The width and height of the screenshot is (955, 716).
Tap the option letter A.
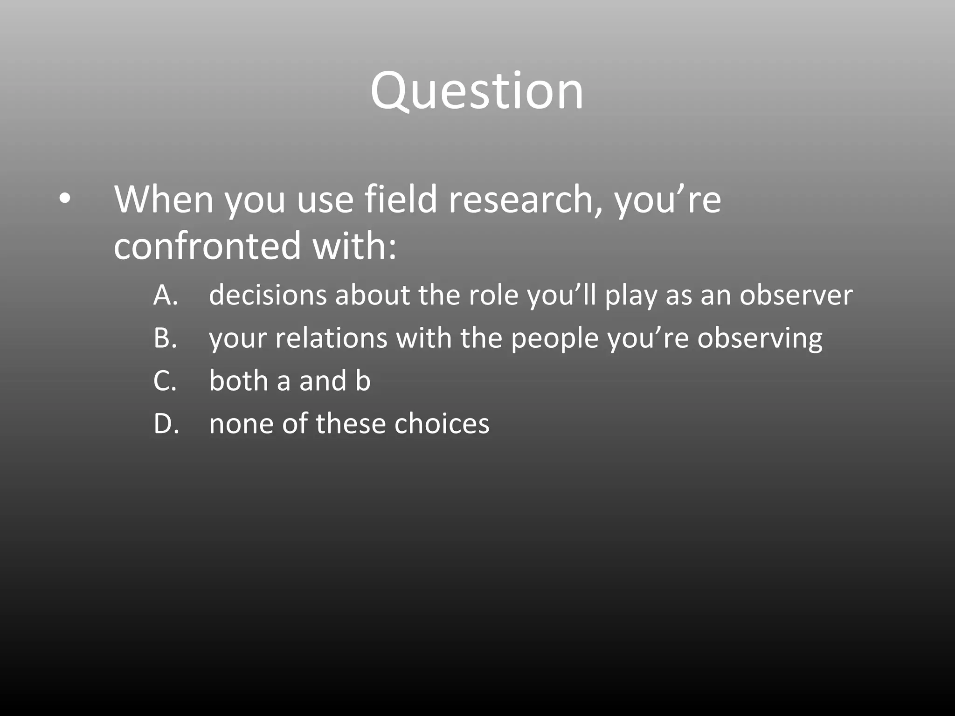(165, 296)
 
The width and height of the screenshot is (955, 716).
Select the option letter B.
(165, 338)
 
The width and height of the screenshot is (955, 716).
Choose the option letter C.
(165, 381)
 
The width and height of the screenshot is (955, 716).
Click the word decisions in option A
(268, 296)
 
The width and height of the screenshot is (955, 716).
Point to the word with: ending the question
(354, 246)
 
